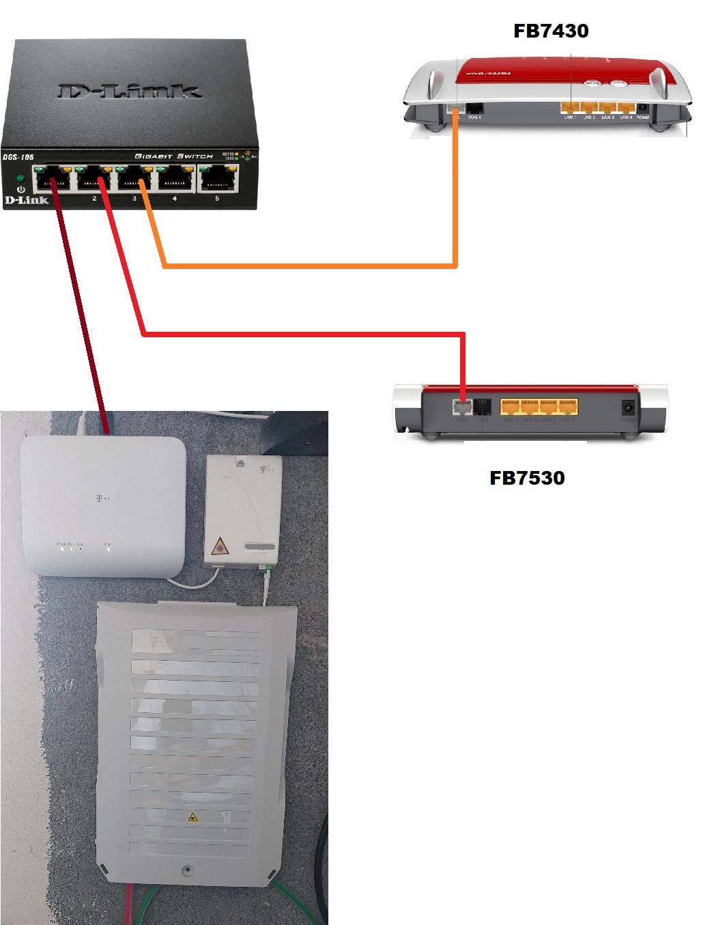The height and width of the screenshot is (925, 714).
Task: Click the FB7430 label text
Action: [x=550, y=31]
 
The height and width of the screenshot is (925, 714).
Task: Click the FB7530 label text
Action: [x=527, y=478]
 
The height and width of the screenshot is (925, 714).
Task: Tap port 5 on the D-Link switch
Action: [x=218, y=180]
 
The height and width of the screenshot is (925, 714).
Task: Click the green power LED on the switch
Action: [x=21, y=179]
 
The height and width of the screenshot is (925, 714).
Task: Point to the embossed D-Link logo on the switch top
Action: [x=130, y=91]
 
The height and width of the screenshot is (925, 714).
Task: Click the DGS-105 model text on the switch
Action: [x=18, y=157]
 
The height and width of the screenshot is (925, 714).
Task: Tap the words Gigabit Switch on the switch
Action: [x=174, y=156]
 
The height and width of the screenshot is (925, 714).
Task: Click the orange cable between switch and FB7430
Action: [x=307, y=265]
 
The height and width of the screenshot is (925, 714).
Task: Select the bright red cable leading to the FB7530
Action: [x=300, y=335]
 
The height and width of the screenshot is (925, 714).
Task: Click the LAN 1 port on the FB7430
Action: [x=570, y=108]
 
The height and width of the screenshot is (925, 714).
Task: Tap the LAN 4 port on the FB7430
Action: [x=625, y=108]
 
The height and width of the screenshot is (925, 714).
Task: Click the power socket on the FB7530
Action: [x=627, y=408]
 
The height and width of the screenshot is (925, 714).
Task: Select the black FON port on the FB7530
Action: [x=483, y=408]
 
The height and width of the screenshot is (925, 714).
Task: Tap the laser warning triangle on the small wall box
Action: [x=219, y=545]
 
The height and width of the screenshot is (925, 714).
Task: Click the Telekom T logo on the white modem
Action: [x=100, y=498]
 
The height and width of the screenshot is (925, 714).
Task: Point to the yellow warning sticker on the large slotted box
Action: [x=192, y=816]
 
